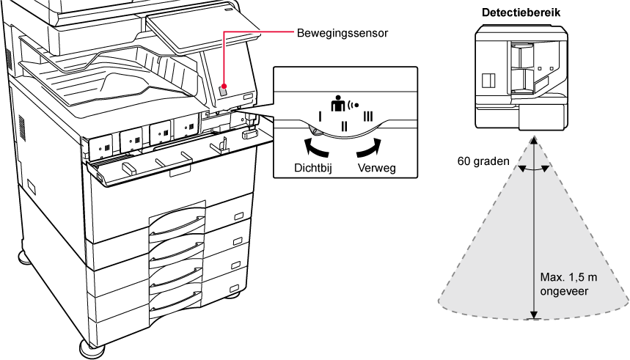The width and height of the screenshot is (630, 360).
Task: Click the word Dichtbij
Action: [x=304, y=169]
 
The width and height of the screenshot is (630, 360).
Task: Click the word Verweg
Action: [x=376, y=169]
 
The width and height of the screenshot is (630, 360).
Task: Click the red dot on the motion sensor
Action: [x=224, y=86]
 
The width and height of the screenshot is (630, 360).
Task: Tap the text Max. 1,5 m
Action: [x=563, y=278]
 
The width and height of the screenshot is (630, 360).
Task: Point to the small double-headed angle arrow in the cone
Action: [x=534, y=169]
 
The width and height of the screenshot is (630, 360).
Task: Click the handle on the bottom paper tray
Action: [x=175, y=301]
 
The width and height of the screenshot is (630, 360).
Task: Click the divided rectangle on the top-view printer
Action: [x=488, y=78]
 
